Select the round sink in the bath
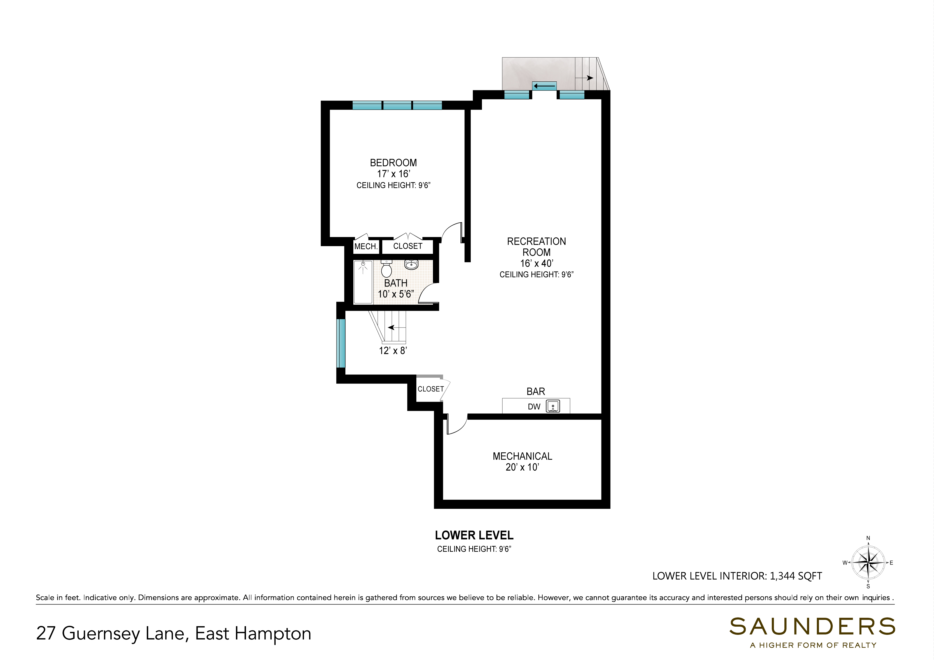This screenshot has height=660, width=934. tap(411, 265)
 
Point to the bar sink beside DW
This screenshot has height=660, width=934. tap(553, 406)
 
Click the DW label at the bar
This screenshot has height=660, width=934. tap(534, 407)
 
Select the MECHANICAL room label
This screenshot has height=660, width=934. tap(522, 456)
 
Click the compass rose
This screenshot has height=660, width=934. tap(868, 563)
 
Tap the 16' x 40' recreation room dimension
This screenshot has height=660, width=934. tap(537, 264)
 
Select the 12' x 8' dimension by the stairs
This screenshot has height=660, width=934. tap(393, 351)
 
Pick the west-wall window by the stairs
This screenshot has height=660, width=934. tap(341, 344)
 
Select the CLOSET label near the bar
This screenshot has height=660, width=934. tap(430, 389)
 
